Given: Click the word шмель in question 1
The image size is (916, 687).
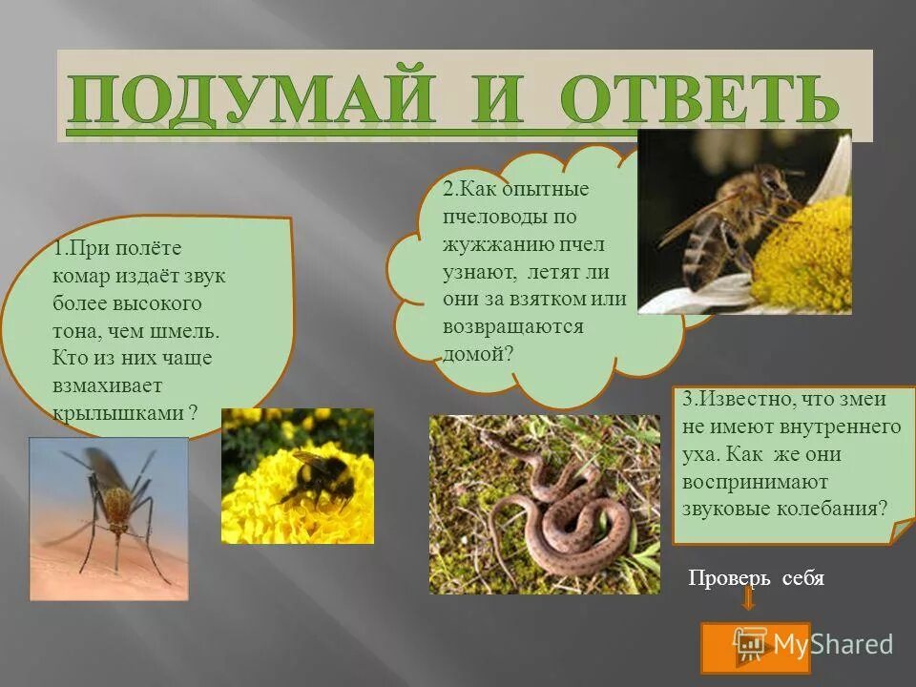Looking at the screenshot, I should [190, 331].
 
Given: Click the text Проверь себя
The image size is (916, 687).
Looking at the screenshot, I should [756, 579].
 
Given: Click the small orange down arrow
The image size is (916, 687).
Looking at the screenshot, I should [748, 599].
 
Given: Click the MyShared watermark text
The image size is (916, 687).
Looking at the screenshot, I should [831, 644].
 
